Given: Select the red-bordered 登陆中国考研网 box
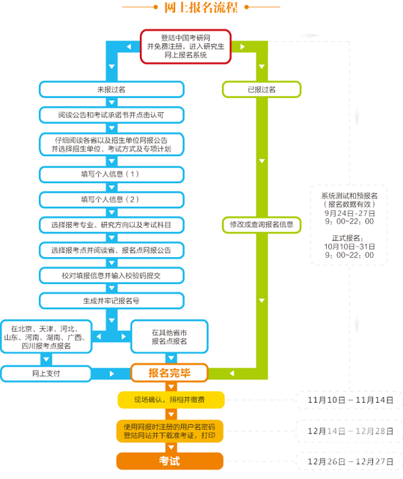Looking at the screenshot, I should (186, 46).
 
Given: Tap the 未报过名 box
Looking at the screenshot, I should (111, 89).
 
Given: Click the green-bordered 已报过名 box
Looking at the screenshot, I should (262, 89).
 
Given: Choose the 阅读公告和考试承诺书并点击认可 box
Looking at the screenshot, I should (111, 116).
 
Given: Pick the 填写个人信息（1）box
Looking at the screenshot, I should (111, 174).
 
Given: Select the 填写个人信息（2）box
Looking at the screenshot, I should (111, 199).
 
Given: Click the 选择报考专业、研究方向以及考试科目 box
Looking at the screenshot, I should (111, 224).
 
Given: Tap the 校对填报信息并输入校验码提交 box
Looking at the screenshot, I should (111, 275).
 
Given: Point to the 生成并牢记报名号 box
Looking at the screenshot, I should (111, 300).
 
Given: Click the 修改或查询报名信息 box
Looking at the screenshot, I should (262, 224).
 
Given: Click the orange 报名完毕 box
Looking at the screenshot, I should (169, 374).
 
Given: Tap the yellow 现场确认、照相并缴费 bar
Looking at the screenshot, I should (169, 400).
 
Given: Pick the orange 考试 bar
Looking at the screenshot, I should (169, 461).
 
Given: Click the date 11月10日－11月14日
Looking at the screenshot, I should (351, 401).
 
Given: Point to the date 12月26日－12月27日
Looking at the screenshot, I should (351, 461).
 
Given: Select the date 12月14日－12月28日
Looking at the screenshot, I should (351, 431).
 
